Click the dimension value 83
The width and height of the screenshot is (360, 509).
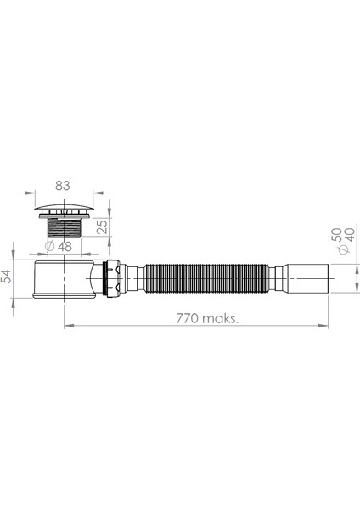point(62,186)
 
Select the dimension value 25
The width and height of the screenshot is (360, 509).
point(103,227)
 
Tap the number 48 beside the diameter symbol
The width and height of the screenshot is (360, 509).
point(65,246)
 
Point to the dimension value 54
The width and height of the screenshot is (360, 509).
point(7,277)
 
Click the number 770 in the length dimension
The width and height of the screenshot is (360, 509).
point(187,318)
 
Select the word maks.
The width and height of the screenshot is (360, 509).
point(221,318)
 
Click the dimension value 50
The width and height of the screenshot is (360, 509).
point(336,235)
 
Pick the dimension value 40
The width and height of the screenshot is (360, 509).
point(350,235)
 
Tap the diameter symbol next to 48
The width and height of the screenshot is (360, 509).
point(49,246)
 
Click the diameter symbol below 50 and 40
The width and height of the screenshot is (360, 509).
point(343,249)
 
